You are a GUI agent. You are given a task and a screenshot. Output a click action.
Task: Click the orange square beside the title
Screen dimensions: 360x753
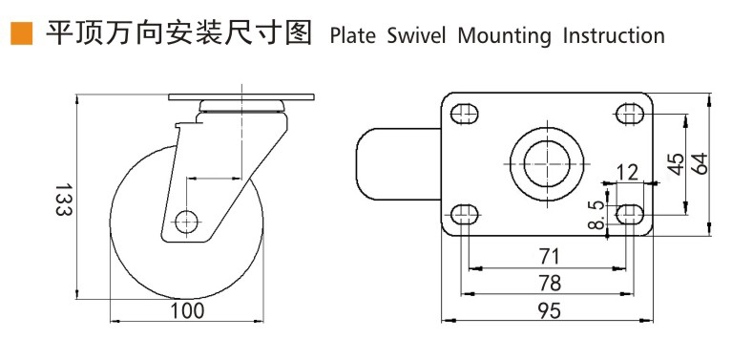tap(20, 35)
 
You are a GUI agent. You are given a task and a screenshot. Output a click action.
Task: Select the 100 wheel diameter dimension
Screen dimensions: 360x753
tap(187, 311)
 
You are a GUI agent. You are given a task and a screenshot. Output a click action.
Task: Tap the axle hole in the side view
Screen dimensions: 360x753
tap(186, 221)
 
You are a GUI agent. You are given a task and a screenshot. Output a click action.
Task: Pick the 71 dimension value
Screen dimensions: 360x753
tap(548, 256)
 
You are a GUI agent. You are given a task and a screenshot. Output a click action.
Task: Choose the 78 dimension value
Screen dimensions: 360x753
tap(548, 283)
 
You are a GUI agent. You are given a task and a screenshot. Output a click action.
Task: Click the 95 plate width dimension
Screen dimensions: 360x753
tap(548, 310)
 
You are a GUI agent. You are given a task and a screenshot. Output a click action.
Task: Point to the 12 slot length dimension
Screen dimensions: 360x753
tap(627, 172)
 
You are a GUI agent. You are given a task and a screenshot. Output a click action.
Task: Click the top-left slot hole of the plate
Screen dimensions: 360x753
tap(465, 114)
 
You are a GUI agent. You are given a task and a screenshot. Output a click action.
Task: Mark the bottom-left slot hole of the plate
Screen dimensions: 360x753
tap(465, 213)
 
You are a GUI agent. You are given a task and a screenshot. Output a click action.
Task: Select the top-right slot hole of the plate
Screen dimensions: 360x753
tap(630, 114)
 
